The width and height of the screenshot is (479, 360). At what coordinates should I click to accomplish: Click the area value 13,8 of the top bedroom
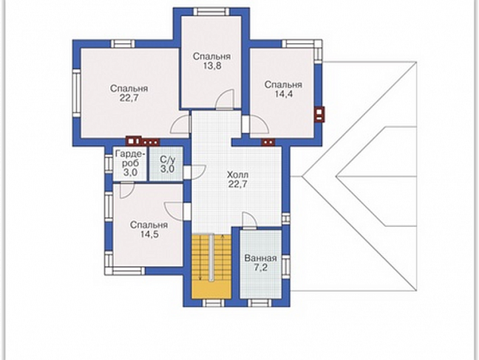coord(212,66)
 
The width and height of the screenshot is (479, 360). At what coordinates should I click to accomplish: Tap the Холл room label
coord(238,175)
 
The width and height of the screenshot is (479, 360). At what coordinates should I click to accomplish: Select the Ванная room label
coord(261,258)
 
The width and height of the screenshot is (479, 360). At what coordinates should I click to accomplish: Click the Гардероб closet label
coord(131,158)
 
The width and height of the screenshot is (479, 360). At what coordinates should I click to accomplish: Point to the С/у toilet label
coord(168,160)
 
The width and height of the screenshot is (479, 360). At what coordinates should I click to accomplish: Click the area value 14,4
coord(283,94)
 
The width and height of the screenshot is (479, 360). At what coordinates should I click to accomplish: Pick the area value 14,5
coord(149,234)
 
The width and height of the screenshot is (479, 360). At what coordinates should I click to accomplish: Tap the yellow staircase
coord(211,266)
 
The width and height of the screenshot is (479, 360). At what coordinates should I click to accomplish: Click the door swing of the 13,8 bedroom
coord(225,99)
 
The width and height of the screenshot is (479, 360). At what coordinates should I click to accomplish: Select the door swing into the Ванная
coord(249,220)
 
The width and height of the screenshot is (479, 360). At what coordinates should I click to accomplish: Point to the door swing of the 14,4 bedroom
coord(259,125)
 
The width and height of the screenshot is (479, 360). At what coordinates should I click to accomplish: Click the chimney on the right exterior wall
coord(320,114)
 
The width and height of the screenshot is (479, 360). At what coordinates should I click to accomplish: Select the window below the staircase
coord(214,303)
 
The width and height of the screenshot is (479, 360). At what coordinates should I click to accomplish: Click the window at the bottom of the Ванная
coord(259,303)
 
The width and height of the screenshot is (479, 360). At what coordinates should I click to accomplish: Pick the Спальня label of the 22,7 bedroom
coord(129,88)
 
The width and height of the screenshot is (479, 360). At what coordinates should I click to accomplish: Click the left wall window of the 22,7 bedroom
coord(76,93)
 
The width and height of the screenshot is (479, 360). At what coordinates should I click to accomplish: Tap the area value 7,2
coord(261,268)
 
